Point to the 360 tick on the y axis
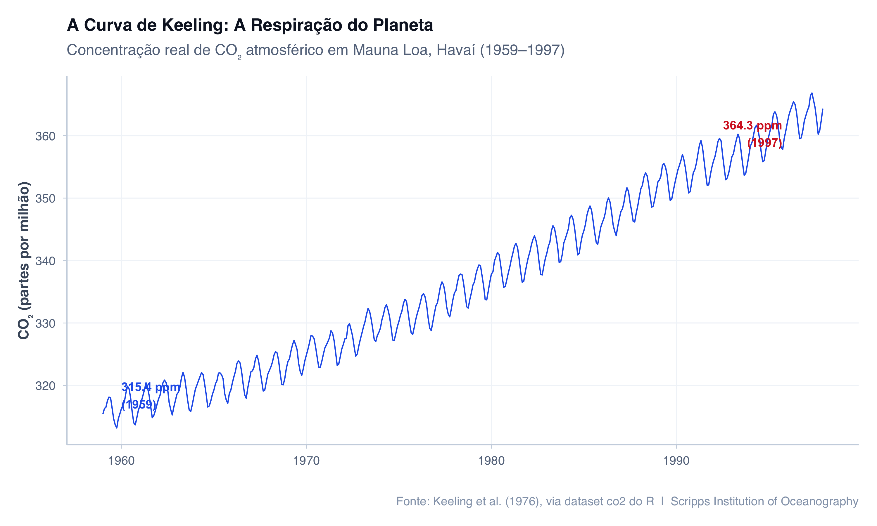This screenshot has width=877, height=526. [x=45, y=136]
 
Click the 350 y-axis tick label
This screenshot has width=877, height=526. [x=45, y=198]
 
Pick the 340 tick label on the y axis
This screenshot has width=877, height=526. [x=45, y=261]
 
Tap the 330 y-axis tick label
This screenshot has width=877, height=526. [x=45, y=323]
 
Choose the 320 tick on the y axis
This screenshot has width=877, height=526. [x=45, y=386]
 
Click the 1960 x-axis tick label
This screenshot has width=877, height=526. [x=121, y=461]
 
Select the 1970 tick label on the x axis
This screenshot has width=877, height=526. [x=306, y=461]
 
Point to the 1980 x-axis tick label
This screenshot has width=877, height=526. [x=491, y=461]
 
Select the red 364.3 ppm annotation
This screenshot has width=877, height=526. [x=752, y=125]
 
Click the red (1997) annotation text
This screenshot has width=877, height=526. [x=764, y=143]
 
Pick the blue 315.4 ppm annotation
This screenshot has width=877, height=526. [x=151, y=387]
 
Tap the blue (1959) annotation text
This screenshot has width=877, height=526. [x=139, y=404]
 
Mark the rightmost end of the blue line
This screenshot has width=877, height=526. [x=823, y=109]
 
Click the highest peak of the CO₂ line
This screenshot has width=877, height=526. [x=812, y=93]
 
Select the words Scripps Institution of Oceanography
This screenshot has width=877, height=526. [x=764, y=501]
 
